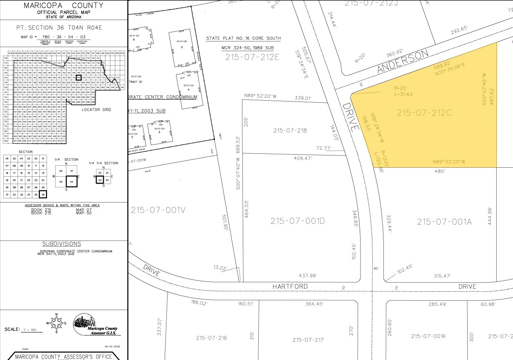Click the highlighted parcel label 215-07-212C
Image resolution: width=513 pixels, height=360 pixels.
click(x=424, y=113)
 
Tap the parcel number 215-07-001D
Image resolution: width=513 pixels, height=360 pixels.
click(x=297, y=221)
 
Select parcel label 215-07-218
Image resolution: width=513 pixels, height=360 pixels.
click(x=290, y=130)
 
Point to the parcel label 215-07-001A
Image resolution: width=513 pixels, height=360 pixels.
click(x=444, y=222)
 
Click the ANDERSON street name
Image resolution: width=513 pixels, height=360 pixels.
click(x=403, y=62)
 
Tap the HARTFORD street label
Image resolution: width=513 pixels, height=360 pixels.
click(x=290, y=286)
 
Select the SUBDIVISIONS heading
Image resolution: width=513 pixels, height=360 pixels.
click(x=62, y=244)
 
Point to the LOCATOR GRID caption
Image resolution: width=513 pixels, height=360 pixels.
click(x=96, y=110)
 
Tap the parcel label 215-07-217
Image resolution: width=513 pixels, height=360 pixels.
click(x=308, y=340)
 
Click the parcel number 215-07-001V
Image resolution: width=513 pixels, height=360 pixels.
click(x=159, y=210)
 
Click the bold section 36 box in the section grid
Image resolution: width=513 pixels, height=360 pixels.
click(x=43, y=194)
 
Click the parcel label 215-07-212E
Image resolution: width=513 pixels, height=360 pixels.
click(x=252, y=57)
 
